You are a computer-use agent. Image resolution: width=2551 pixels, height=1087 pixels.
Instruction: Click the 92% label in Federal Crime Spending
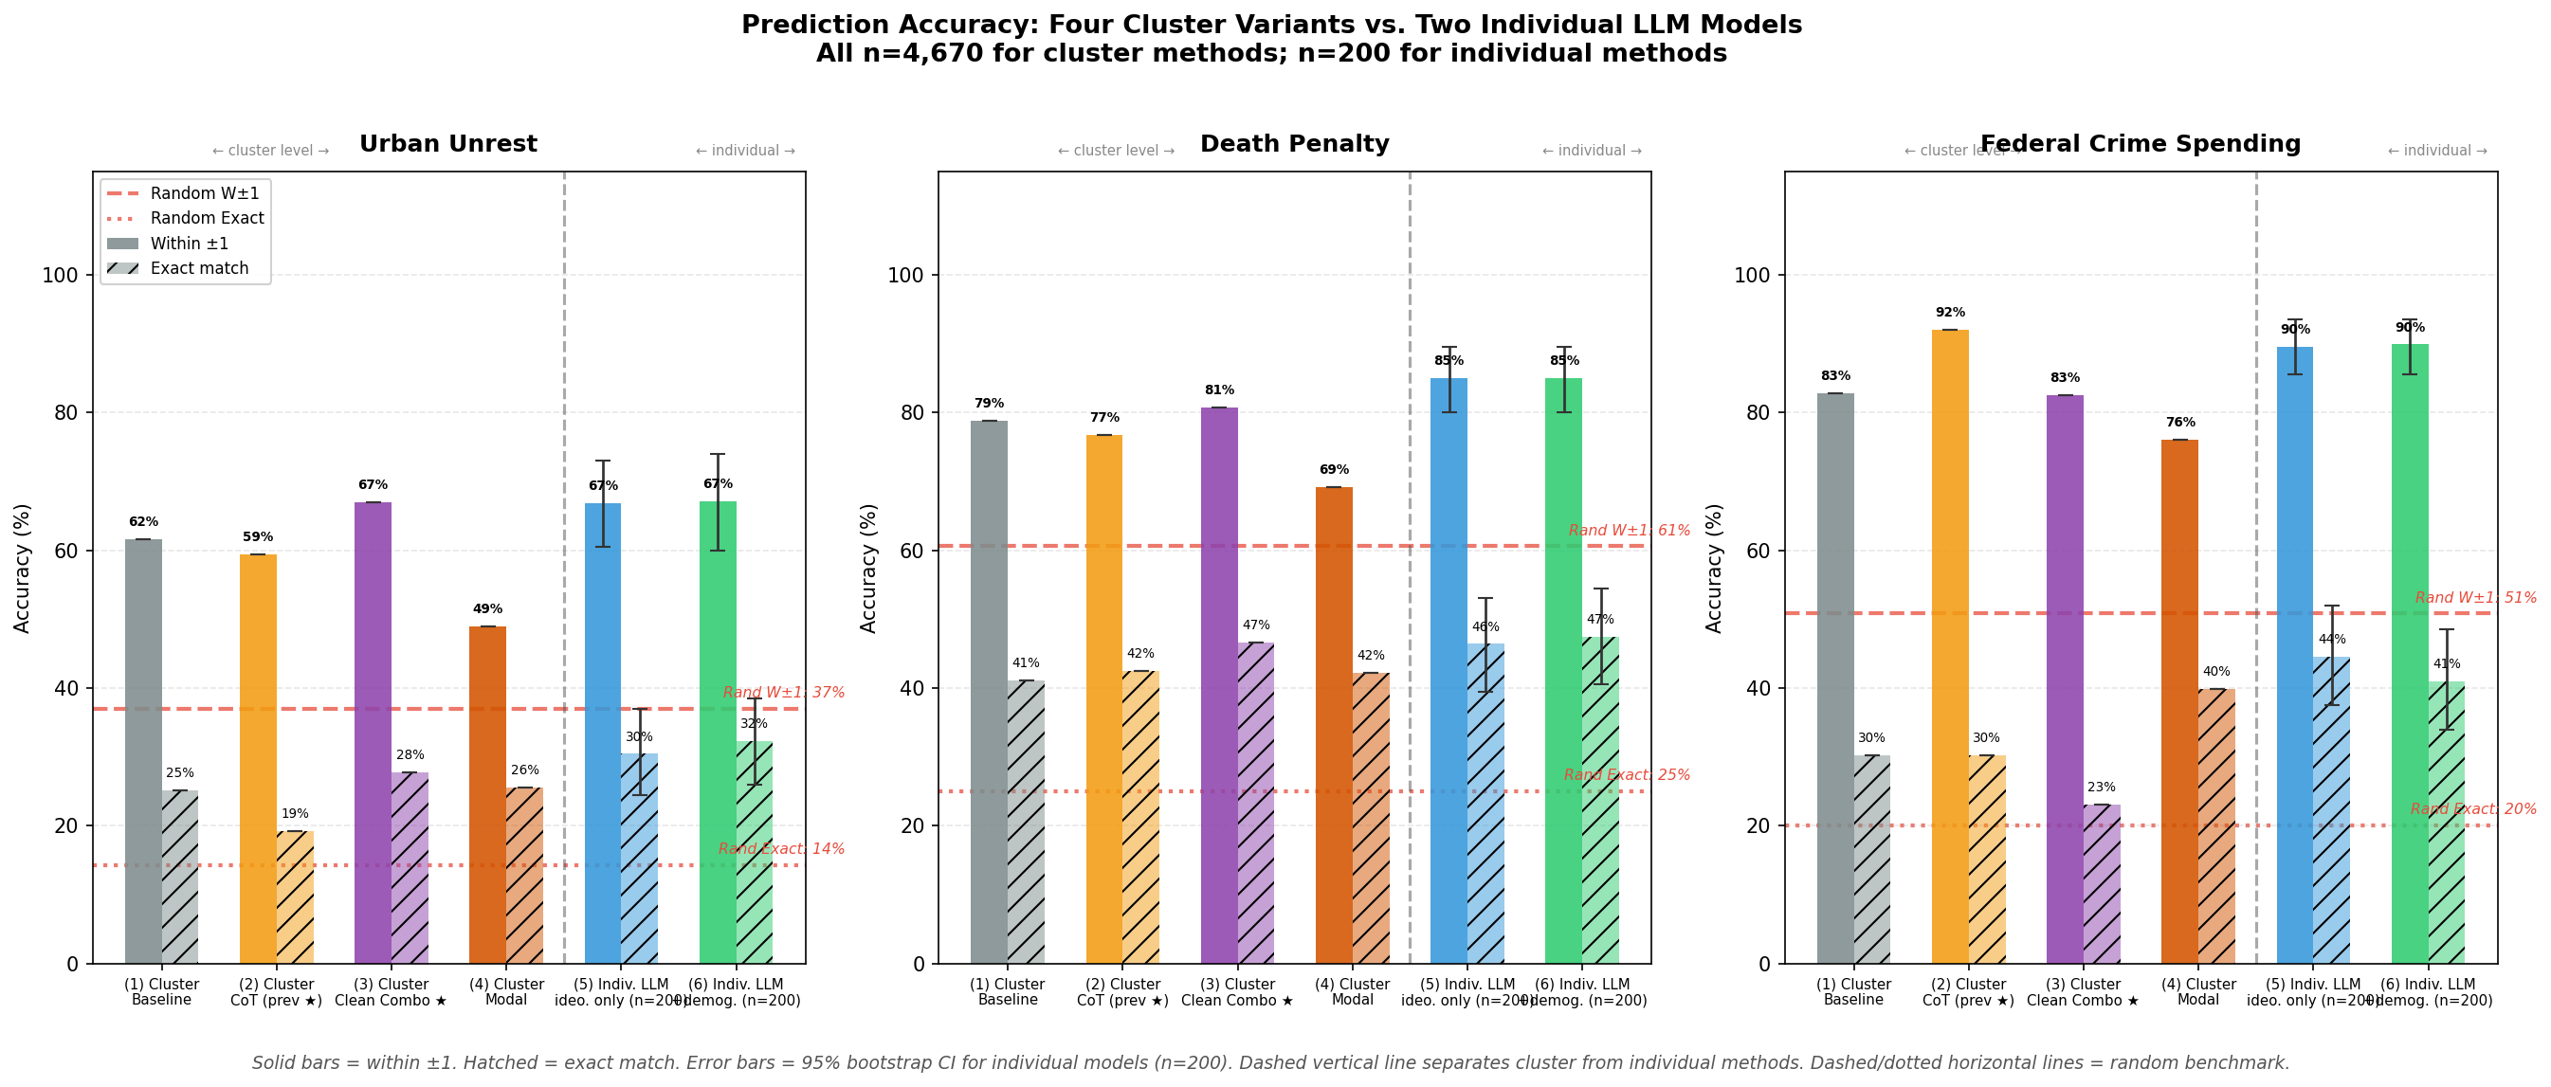pos(1949,313)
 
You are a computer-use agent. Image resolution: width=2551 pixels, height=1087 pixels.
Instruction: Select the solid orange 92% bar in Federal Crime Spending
pos(1949,643)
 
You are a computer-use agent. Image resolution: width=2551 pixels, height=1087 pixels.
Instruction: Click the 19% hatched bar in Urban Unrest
pos(295,896)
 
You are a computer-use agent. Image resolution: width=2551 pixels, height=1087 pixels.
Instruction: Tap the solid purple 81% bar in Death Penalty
pos(1218,683)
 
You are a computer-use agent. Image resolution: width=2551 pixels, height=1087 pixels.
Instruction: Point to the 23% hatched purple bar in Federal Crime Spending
pos(2102,883)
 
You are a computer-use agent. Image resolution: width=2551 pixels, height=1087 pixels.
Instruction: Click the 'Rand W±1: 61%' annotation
pos(1628,531)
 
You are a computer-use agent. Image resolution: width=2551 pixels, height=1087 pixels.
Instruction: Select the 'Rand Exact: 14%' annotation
pos(780,849)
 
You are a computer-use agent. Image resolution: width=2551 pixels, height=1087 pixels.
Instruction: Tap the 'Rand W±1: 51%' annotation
pos(2475,598)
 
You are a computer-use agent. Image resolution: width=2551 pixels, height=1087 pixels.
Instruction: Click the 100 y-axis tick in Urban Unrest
pos(60,275)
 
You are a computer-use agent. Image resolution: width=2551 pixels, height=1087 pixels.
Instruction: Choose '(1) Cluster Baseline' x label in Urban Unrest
pos(161,992)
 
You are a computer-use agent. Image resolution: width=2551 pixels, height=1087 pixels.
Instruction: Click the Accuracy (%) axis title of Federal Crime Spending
pos(1713,569)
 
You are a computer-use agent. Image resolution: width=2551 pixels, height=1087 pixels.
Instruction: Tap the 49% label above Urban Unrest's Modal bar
pos(487,609)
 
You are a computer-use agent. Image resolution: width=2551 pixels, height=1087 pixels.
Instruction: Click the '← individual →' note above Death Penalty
pos(1591,152)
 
